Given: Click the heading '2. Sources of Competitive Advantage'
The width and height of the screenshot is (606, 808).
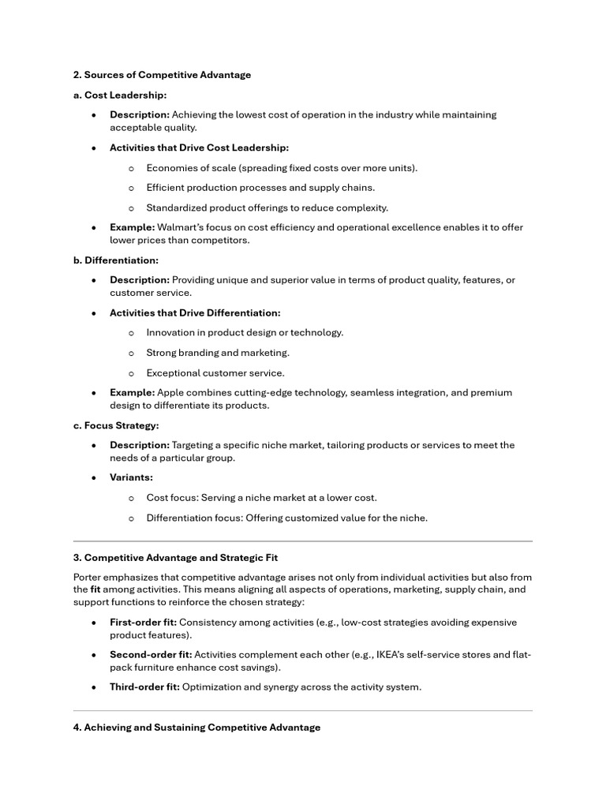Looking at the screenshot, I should pos(162,75).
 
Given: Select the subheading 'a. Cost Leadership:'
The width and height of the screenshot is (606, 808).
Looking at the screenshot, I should pos(120,95).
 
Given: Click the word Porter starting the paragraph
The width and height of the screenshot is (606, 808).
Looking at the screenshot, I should pos(89,577).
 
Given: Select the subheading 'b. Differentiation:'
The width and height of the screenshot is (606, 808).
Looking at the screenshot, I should pos(116,260).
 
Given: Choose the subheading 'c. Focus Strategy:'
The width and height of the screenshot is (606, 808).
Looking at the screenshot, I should pos(116,425).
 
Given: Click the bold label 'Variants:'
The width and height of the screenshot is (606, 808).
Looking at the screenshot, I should pos(131,477).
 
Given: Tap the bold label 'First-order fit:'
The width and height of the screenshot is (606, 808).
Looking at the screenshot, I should pos(143,622).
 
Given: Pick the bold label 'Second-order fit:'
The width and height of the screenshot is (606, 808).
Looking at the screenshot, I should pos(150,654).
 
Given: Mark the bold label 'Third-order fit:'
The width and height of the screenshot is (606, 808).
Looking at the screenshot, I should pos(144,686).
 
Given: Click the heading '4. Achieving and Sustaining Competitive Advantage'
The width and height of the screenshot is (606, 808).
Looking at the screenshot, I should pos(196,727).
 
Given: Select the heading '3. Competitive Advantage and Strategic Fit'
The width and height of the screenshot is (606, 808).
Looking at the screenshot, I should pos(175,557).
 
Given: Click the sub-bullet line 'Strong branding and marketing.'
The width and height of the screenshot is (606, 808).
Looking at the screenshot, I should pos(218,353).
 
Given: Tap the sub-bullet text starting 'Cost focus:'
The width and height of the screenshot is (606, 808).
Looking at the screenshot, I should pos(261,498).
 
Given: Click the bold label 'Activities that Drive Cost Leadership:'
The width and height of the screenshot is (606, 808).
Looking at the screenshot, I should pos(199,148).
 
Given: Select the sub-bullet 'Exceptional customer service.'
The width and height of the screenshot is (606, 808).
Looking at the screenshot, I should pos(215,373).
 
